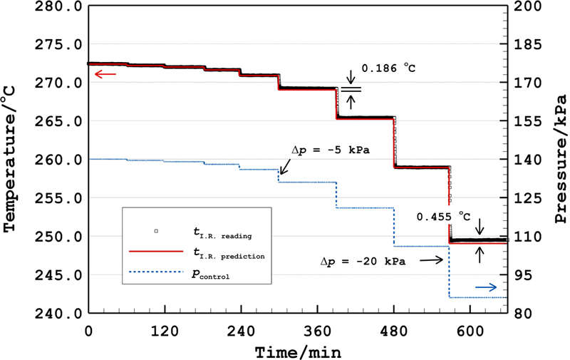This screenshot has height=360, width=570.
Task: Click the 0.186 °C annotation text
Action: tap(388, 68)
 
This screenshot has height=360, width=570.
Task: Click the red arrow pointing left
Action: tap(105, 73)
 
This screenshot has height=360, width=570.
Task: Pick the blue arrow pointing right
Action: tap(487, 287)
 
